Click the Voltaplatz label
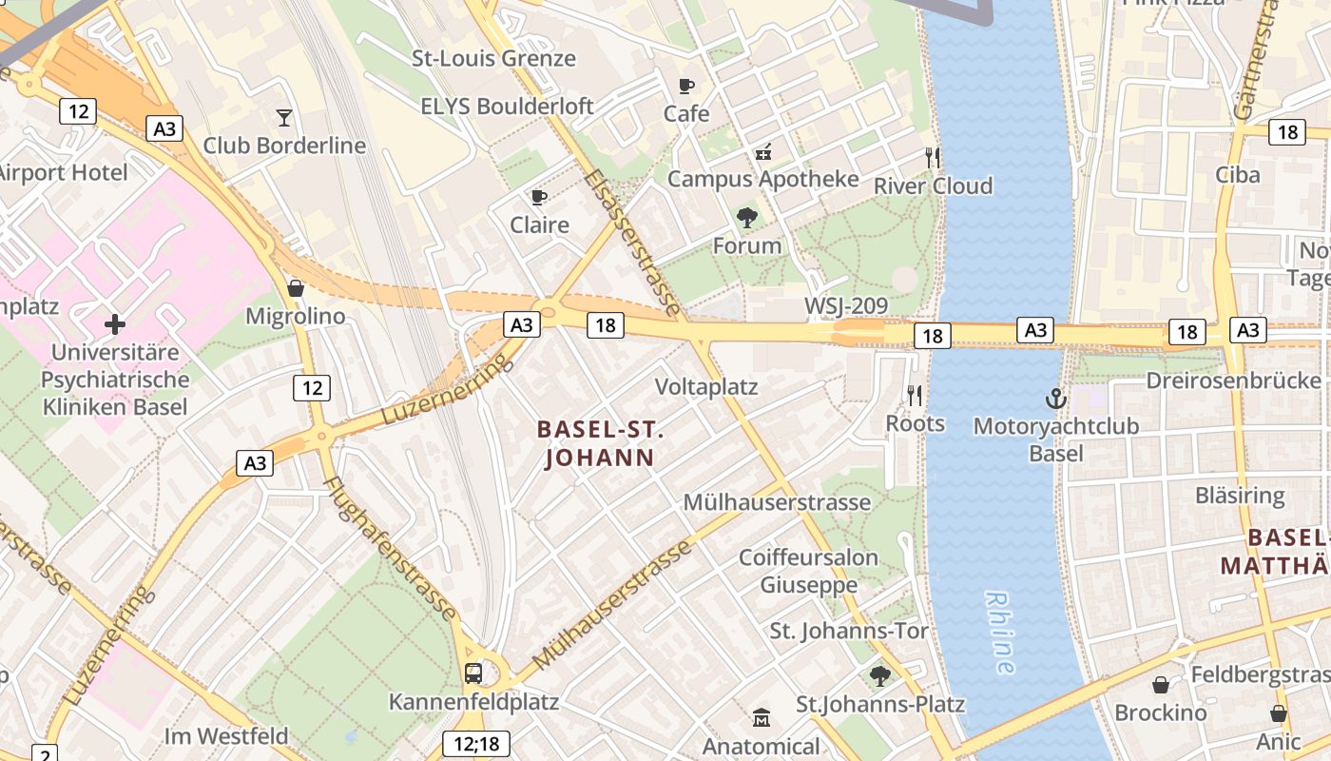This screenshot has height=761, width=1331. [706, 387]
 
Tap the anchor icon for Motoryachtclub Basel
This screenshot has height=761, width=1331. [1055, 399]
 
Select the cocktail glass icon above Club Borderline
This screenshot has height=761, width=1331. [284, 118]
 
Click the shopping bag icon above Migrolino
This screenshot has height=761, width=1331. [296, 287]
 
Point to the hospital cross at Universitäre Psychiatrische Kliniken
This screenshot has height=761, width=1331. [115, 324]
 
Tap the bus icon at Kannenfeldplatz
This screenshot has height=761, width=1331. [473, 673]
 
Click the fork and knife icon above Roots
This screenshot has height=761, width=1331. [915, 395]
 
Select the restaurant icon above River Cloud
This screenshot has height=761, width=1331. [933, 158]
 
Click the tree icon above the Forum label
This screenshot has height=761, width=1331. [747, 218]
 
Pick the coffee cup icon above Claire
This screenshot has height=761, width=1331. [539, 197]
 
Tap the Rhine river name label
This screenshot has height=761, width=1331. [998, 633]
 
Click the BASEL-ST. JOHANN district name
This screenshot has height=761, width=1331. [599, 443]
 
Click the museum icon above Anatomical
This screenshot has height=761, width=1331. [761, 717]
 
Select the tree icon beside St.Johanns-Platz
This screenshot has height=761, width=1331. [880, 675]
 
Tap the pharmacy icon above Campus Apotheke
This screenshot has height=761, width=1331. [762, 151]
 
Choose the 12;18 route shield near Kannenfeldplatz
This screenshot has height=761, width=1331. [476, 744]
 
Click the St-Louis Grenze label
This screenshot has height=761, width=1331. [493, 58]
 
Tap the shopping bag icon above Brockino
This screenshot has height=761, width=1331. [1160, 685]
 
